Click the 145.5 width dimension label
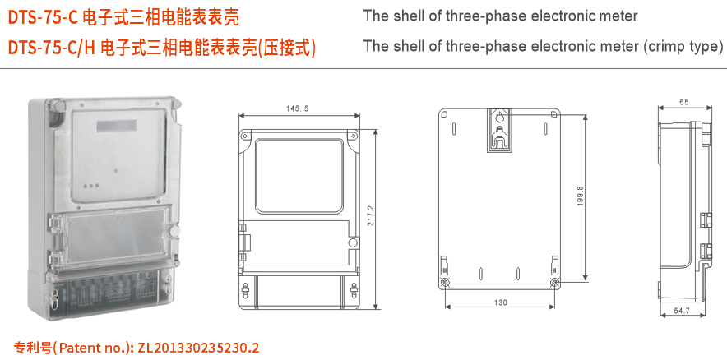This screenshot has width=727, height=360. click(x=298, y=108)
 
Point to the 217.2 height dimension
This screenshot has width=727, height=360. click(x=371, y=217)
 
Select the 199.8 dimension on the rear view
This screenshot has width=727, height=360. click(x=581, y=195)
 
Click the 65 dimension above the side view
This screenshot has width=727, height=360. click(x=684, y=102)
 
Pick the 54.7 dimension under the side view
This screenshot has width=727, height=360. click(x=682, y=311)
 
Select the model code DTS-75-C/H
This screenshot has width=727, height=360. click(x=51, y=47)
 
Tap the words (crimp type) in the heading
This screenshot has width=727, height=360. click(x=681, y=46)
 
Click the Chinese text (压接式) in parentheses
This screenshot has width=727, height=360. click(x=287, y=47)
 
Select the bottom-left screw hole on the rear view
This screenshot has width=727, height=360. click(x=446, y=282)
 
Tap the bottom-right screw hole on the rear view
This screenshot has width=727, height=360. click(x=555, y=282)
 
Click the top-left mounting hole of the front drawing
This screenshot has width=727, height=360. click(x=243, y=133)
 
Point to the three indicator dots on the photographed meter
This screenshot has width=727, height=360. click(x=92, y=186)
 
